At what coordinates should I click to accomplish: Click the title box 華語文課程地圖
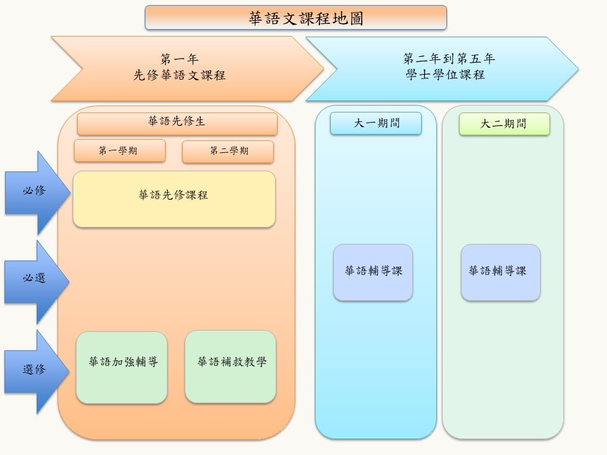295,18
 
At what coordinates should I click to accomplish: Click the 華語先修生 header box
177,123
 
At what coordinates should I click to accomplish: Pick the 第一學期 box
120,151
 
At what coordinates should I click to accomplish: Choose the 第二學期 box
228,152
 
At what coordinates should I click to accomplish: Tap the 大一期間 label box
376,124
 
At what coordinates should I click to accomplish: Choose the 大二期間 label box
504,124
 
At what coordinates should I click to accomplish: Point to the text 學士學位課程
445,75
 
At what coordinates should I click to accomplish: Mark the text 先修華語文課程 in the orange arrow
180,75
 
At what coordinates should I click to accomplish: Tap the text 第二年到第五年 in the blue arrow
449,59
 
